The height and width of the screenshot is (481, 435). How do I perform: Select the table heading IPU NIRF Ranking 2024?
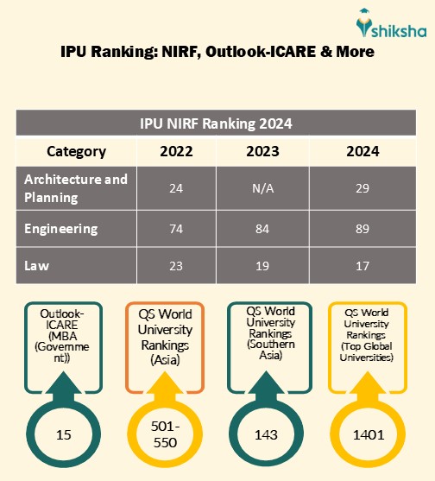[217, 123]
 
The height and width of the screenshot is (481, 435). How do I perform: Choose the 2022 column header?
[176, 151]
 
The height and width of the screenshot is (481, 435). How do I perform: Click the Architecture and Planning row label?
[76, 188]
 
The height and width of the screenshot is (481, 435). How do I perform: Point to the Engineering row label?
[61, 229]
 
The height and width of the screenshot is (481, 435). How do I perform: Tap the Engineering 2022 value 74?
[176, 229]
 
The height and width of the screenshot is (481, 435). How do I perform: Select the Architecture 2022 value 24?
[176, 188]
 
